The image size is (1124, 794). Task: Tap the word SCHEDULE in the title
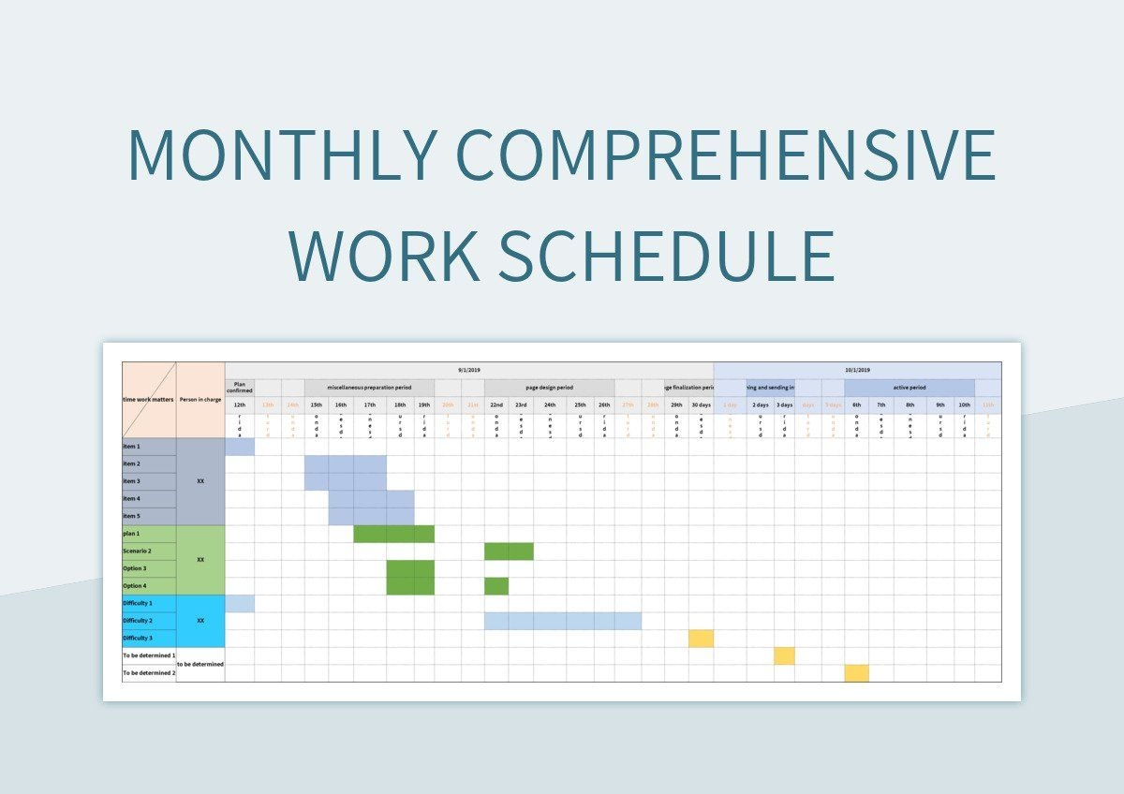click(666, 255)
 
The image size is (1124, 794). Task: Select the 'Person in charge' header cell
click(200, 400)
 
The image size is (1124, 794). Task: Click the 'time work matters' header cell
click(149, 400)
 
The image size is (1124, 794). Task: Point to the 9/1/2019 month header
click(469, 371)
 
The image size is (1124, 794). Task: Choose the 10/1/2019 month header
click(857, 371)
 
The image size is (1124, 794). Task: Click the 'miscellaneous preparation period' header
click(369, 388)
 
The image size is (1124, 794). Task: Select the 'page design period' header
click(549, 388)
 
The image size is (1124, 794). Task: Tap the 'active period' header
click(910, 388)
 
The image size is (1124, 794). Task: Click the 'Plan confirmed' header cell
click(240, 388)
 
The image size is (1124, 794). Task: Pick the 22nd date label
click(496, 404)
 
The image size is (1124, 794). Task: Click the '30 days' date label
click(701, 404)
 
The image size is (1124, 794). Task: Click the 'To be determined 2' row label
click(149, 673)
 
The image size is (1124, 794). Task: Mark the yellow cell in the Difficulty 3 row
click(701, 639)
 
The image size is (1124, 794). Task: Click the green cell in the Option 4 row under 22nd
click(496, 586)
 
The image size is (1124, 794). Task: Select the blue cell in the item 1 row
click(240, 447)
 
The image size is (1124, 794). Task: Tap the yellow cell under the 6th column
click(856, 673)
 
